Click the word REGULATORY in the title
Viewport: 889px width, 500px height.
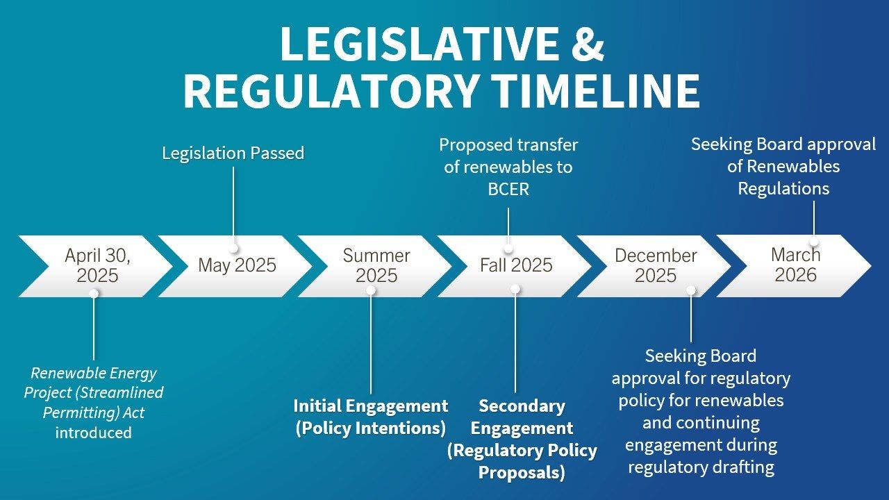click(x=330, y=90)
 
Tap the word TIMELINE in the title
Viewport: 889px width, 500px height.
click(x=595, y=90)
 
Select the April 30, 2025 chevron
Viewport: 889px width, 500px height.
click(x=96, y=266)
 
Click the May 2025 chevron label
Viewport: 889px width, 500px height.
click(x=237, y=265)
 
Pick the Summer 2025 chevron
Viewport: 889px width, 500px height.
click(x=375, y=266)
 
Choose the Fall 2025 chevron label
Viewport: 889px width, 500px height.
click(x=516, y=265)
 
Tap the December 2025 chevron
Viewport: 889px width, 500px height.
click(x=654, y=266)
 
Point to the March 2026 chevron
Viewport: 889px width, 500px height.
click(x=794, y=266)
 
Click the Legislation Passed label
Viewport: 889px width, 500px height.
click(x=233, y=153)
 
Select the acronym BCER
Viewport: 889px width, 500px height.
click(x=508, y=190)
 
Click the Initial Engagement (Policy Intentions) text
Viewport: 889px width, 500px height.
click(x=371, y=417)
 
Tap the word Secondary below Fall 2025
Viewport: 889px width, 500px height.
click(x=522, y=406)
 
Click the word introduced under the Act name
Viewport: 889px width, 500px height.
click(x=94, y=433)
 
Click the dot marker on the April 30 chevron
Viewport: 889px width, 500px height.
click(x=94, y=294)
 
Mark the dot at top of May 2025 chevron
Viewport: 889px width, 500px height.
click(x=233, y=248)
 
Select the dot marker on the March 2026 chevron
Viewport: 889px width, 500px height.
click(x=813, y=242)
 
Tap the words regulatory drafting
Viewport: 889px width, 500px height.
click(x=701, y=467)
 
